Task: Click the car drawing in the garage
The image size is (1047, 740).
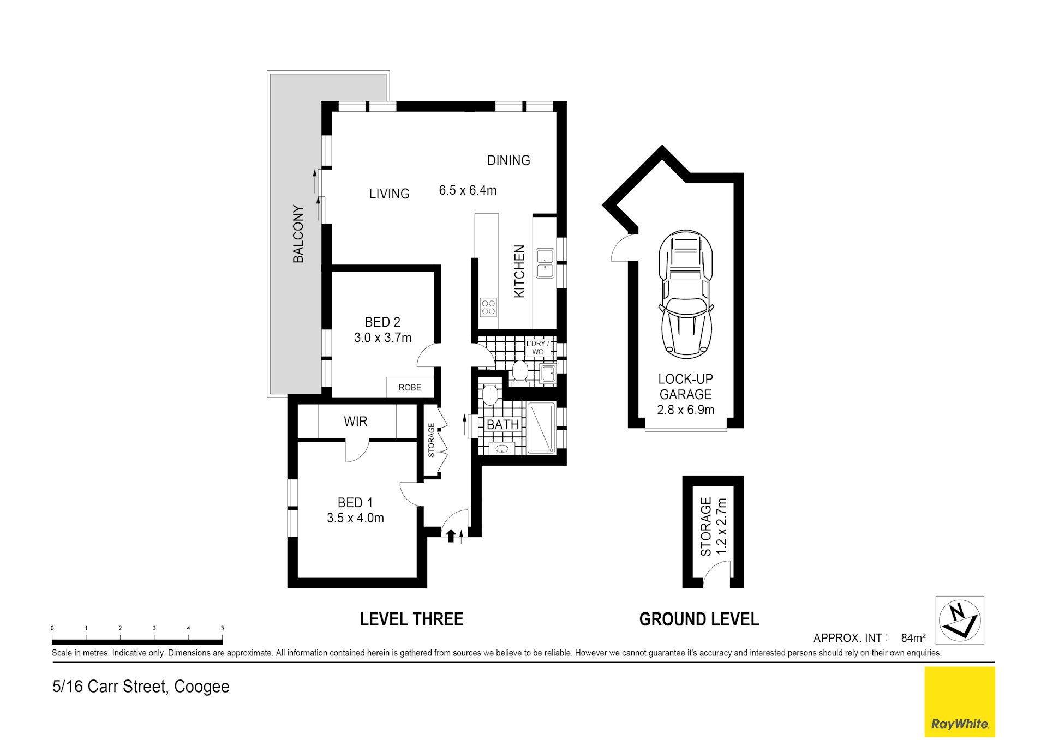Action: pos(686,295)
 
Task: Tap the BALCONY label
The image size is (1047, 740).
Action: pos(298,234)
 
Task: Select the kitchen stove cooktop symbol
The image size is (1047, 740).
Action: pos(488,308)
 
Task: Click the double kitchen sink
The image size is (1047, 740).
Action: pos(545,263)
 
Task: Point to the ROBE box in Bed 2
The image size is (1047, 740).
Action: pos(410,387)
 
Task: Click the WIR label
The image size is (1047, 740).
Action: pos(355,422)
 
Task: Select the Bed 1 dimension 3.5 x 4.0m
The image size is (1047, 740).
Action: pos(355,518)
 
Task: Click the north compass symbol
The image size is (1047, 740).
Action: pos(959,620)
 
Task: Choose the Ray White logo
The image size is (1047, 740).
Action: pos(959,702)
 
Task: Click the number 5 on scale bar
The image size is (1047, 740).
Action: pos(222,628)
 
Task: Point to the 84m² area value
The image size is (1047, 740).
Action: pos(913,637)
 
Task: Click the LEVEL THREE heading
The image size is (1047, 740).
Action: pos(411,619)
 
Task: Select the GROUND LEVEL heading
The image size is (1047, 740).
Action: pos(699,619)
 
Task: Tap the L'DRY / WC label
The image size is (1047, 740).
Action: pos(538,348)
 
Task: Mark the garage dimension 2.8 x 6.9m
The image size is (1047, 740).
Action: pos(685,410)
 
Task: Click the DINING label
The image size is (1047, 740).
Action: pos(508,160)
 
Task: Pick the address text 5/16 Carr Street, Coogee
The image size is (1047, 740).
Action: pos(141,687)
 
